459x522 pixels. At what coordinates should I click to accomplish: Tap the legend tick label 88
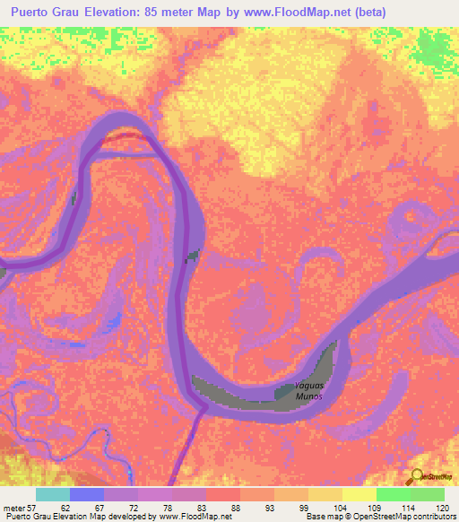coord(236,507)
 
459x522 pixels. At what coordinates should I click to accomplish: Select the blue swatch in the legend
coord(87,494)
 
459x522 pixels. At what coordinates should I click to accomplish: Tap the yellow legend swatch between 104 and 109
coord(359,494)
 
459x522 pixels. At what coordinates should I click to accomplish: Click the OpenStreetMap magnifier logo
coord(415,475)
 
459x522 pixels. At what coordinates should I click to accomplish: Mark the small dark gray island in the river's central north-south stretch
coord(191,257)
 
